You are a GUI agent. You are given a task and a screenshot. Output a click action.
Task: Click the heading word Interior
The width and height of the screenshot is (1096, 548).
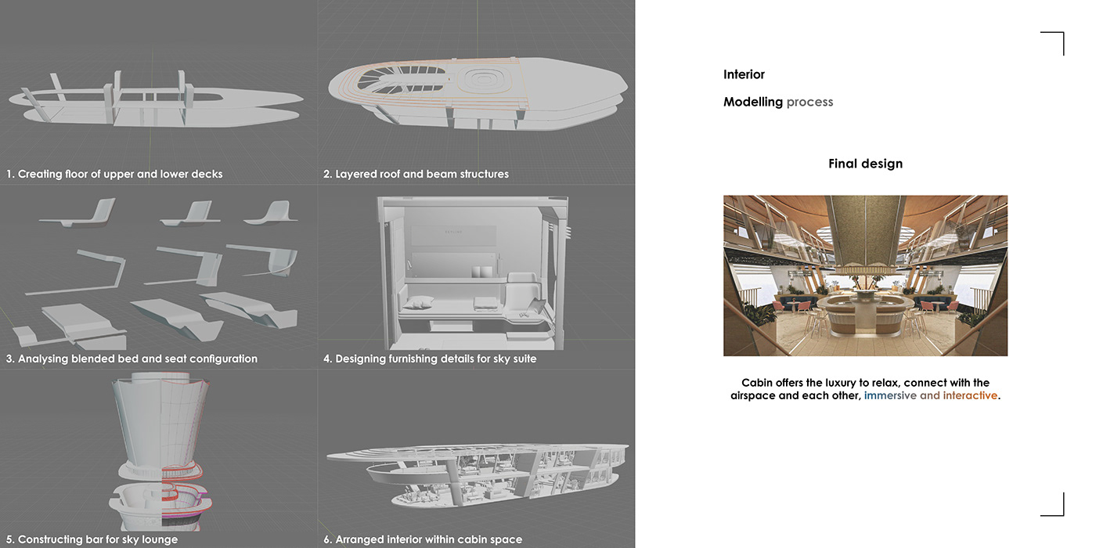point(744,74)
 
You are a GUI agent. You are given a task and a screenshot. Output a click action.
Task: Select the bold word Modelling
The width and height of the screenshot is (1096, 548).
point(752,102)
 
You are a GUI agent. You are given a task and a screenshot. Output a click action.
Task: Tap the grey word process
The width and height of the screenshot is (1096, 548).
point(809,102)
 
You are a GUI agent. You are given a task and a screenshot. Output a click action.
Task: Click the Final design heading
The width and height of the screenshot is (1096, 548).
point(865,164)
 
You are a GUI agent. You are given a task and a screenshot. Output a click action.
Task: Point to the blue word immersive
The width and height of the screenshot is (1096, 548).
point(890,395)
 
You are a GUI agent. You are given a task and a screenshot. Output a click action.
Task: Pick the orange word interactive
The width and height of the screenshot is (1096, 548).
point(970,395)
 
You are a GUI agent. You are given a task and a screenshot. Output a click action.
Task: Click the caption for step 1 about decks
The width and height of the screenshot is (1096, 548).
point(114,174)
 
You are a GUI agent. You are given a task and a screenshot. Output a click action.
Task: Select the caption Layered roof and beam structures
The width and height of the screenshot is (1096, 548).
point(416,174)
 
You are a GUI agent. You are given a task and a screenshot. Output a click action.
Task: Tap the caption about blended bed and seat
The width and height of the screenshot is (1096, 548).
point(132,359)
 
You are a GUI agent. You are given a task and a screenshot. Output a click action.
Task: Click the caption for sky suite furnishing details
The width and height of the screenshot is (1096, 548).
point(430,359)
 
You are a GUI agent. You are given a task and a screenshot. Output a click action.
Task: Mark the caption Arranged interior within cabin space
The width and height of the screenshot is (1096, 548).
point(423,539)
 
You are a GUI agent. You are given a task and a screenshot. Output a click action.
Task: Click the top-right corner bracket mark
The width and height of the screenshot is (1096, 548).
point(1054,42)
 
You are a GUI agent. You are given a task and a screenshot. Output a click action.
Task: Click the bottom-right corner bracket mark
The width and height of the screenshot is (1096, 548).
point(1054,506)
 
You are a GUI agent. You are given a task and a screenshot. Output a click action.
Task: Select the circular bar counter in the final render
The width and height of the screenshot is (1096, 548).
point(865,308)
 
